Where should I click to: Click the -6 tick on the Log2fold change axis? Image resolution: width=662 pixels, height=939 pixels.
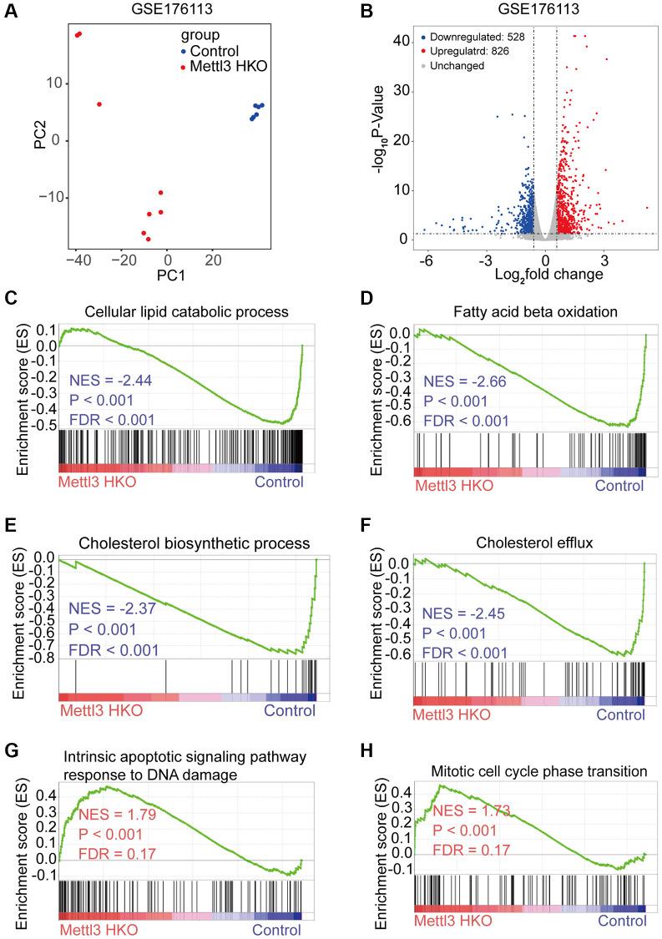click(x=427, y=260)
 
